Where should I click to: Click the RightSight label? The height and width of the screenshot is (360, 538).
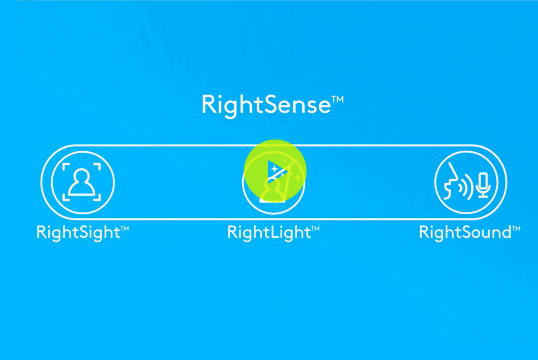(83, 233)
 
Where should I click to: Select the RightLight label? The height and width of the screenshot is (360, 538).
(274, 233)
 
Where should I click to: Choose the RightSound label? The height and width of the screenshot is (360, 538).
(470, 233)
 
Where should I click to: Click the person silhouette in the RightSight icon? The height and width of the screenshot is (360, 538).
(82, 182)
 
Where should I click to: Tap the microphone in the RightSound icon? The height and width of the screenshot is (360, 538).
(484, 185)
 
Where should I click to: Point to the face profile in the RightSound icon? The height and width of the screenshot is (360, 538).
(451, 181)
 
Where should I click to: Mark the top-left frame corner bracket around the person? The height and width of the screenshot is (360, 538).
(65, 166)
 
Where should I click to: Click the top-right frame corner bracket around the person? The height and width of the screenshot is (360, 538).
(98, 166)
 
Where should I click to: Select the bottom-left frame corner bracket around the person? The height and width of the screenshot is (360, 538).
(65, 198)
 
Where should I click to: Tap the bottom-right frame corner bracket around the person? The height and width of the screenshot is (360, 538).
(98, 198)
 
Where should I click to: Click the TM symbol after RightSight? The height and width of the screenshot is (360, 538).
(125, 229)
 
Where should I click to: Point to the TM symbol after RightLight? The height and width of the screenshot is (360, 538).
(316, 229)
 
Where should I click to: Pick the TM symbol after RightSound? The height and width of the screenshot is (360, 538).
(516, 229)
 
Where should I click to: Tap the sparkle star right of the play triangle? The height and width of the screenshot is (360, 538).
(298, 177)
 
